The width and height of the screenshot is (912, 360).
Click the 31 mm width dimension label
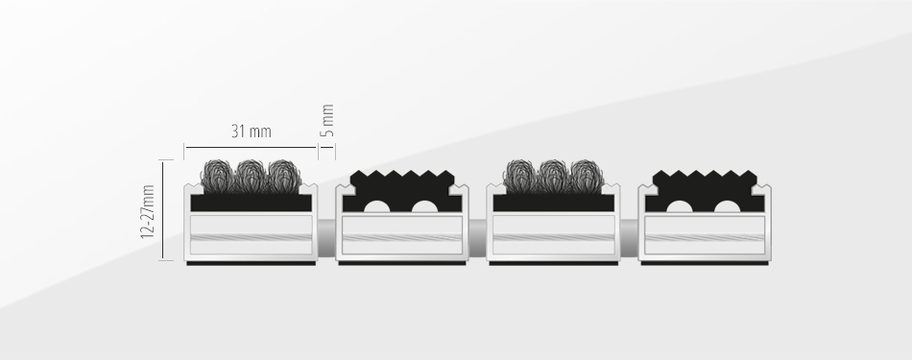252,132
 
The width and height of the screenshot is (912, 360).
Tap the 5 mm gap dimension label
328,120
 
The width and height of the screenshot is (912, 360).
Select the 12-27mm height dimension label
148,212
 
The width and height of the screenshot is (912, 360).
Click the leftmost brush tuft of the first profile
218,177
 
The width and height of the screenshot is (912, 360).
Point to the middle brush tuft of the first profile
252,177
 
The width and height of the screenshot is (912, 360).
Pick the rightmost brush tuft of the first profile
284,177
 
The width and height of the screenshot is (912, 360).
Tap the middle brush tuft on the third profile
553,177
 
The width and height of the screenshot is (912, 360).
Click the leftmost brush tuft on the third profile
520,177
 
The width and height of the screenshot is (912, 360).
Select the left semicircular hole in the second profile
377,206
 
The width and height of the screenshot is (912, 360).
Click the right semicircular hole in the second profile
424,206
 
